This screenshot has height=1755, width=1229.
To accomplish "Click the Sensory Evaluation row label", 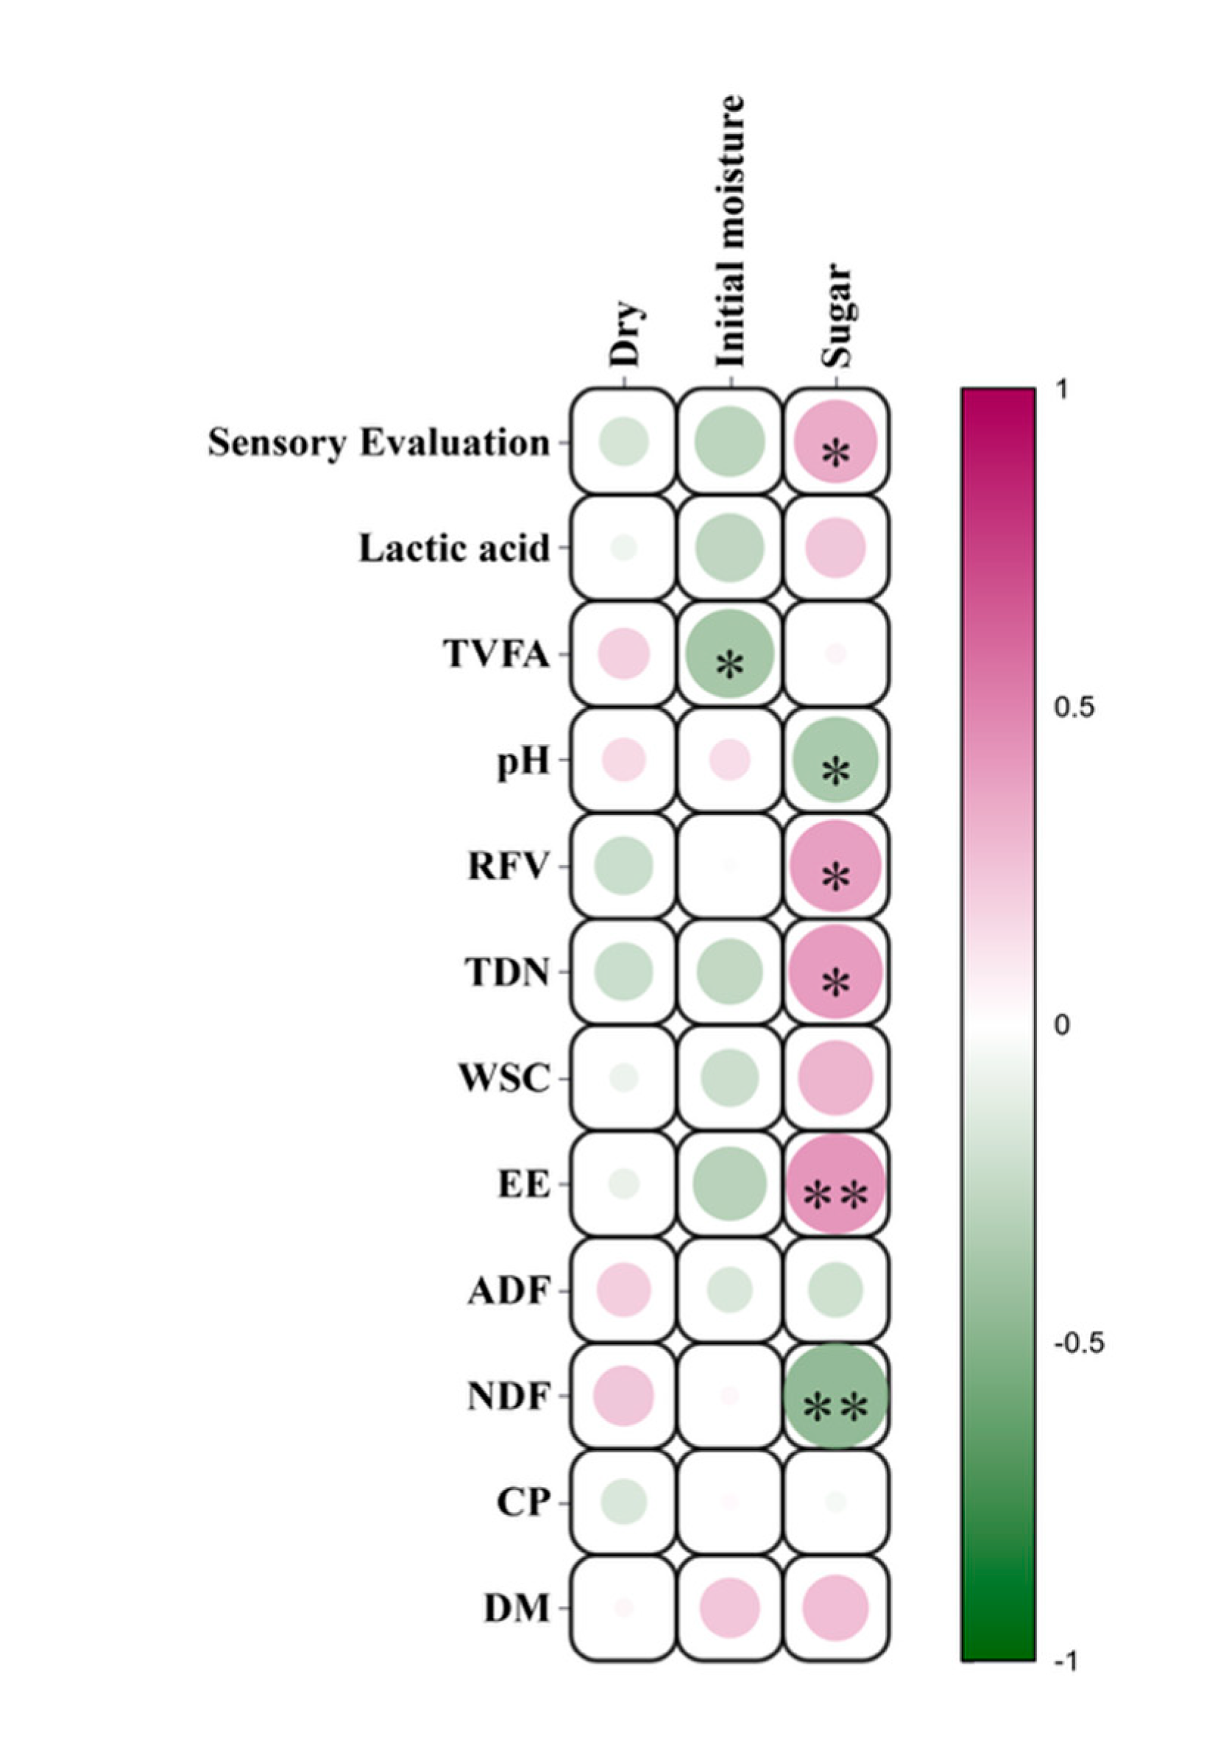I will pyautogui.click(x=378, y=442).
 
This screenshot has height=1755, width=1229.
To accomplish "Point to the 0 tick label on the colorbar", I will pyautogui.click(x=1061, y=1025).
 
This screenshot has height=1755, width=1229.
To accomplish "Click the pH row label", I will pyautogui.click(x=523, y=760).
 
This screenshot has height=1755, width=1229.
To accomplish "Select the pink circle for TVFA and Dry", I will pyautogui.click(x=623, y=654).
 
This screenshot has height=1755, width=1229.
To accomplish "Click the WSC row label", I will pyautogui.click(x=503, y=1078).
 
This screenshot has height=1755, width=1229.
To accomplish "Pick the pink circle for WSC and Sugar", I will pyautogui.click(x=835, y=1078).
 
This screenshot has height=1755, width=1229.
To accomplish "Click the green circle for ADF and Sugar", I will pyautogui.click(x=835, y=1290).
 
